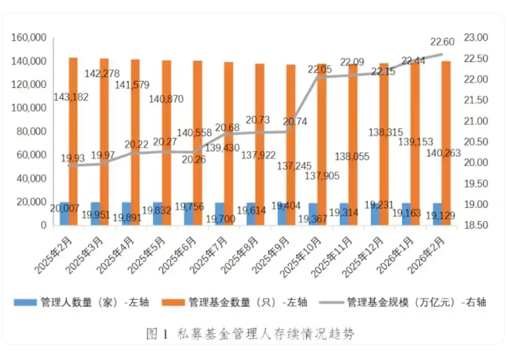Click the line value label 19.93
pyautogui.click(x=73, y=159)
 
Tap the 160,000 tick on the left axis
pyautogui.click(x=29, y=38)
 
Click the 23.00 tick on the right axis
pyautogui.click(x=476, y=38)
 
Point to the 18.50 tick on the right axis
pyautogui.click(x=476, y=226)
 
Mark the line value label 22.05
pyautogui.click(x=319, y=69)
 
